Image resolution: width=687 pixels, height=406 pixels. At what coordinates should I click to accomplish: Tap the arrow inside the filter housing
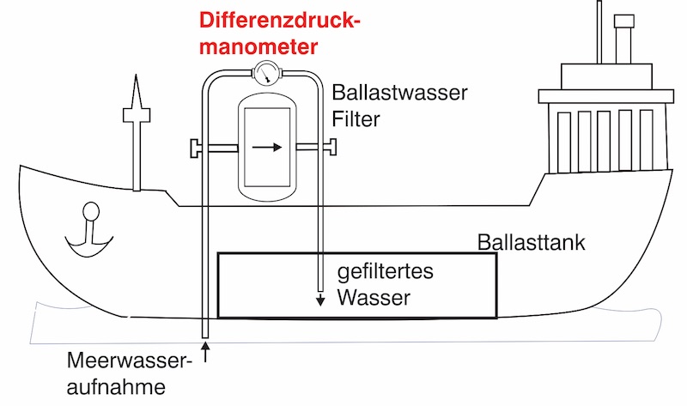click(x=267, y=147)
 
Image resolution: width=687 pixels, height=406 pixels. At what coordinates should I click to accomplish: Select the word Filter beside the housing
click(x=356, y=120)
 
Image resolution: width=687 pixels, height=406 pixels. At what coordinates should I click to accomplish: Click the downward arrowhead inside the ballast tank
click(x=319, y=301)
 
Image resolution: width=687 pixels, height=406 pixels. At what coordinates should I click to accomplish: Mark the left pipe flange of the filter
click(x=195, y=148)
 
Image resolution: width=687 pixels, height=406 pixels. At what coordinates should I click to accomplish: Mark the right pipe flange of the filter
click(x=330, y=148)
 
